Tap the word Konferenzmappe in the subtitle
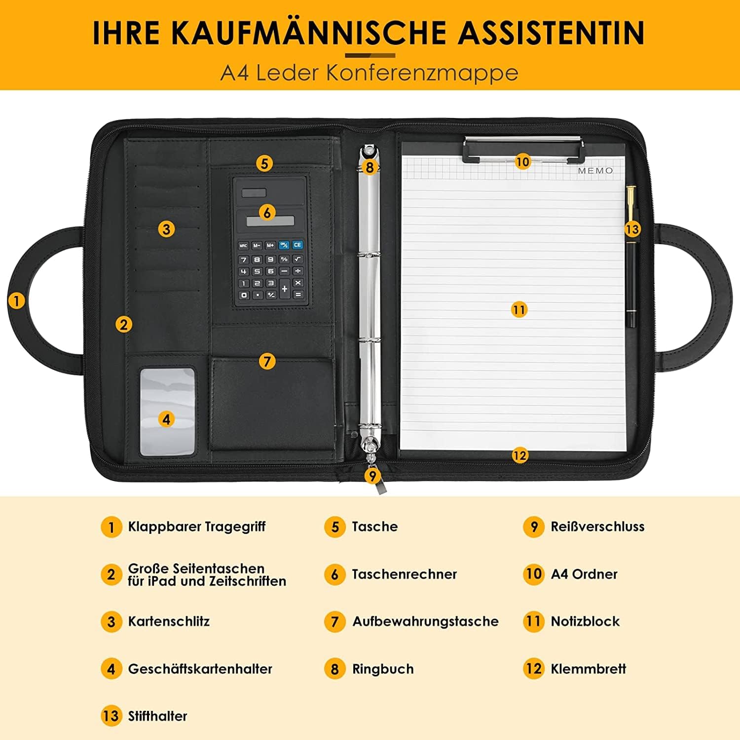[x=422, y=73]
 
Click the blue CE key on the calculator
[x=297, y=245]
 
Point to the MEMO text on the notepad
[x=595, y=171]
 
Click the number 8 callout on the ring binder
[x=370, y=167]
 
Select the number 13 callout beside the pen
[x=631, y=229]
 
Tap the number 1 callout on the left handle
[x=16, y=300]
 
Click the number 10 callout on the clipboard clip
[x=522, y=161]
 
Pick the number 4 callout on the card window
[x=166, y=419]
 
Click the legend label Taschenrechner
[x=404, y=574]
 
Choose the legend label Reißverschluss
[x=597, y=526]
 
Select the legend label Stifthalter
[x=157, y=716]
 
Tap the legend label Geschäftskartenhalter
[x=200, y=669]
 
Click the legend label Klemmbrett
[x=588, y=669]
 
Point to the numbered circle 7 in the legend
[x=334, y=622]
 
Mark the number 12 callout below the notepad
[x=519, y=455]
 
